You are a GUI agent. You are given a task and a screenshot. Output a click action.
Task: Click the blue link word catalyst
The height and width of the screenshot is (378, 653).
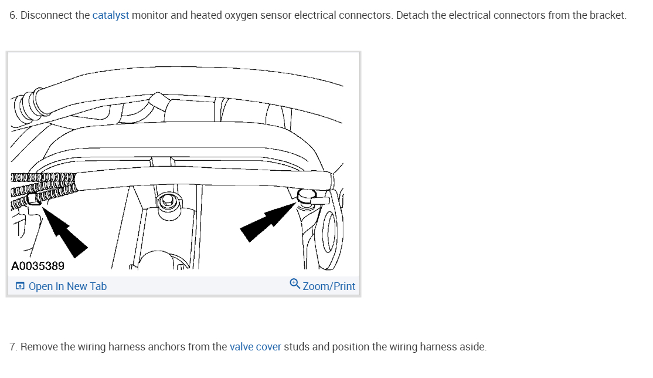click(110, 15)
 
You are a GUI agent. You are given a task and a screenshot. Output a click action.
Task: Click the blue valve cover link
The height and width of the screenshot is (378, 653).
click(255, 347)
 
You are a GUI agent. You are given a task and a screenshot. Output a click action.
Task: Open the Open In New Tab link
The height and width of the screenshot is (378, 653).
click(67, 286)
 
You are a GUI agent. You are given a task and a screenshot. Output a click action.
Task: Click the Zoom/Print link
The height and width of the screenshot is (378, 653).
click(329, 286)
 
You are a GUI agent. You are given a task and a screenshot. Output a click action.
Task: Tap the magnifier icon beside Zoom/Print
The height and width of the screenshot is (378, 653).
click(295, 285)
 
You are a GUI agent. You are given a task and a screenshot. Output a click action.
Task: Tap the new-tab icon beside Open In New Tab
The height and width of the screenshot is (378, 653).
click(20, 286)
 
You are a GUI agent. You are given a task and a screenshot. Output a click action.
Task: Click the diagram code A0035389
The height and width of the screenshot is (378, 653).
click(38, 266)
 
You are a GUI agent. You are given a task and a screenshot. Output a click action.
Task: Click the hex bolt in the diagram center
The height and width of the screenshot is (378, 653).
click(167, 201)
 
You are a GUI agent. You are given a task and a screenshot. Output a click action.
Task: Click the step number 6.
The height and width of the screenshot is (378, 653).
click(12, 15)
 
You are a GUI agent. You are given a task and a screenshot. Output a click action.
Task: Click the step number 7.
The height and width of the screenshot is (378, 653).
click(12, 347)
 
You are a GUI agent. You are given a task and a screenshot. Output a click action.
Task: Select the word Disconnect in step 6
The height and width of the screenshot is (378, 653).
click(46, 15)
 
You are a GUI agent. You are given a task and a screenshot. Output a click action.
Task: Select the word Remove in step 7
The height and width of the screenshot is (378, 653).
click(39, 347)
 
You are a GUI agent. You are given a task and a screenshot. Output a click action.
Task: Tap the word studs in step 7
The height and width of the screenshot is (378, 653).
click(297, 347)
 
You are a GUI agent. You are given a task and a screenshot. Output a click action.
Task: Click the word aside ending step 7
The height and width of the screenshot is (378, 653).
click(472, 347)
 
